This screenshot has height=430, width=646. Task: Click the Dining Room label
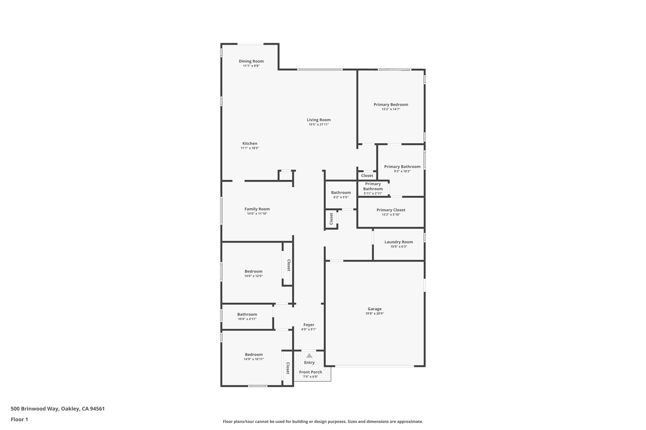(251, 61)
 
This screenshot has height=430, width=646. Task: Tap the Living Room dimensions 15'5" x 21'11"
(319, 124)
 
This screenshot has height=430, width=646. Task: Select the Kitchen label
(250, 143)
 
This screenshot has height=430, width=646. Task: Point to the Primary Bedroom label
(391, 105)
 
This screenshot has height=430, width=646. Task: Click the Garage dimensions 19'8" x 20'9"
(374, 313)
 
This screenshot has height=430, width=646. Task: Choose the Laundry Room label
(398, 242)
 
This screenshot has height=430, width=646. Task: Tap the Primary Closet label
(391, 210)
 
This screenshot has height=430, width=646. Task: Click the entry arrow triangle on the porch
(309, 356)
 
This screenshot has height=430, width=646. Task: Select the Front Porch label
(310, 372)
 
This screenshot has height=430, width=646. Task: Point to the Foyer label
(309, 325)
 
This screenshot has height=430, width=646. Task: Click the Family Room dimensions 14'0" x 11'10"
(257, 214)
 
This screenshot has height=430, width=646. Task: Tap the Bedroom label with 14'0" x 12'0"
(253, 271)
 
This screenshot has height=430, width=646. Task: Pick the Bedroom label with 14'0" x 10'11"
(254, 354)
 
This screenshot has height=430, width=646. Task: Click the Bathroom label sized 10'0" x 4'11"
(247, 314)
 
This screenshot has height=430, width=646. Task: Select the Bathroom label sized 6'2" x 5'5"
(341, 192)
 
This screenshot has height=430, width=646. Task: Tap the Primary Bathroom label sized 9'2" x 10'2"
(402, 167)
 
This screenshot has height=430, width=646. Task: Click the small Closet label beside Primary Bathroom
(367, 175)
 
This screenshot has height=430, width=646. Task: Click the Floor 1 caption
(19, 419)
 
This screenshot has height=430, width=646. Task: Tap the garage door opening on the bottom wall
(374, 366)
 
